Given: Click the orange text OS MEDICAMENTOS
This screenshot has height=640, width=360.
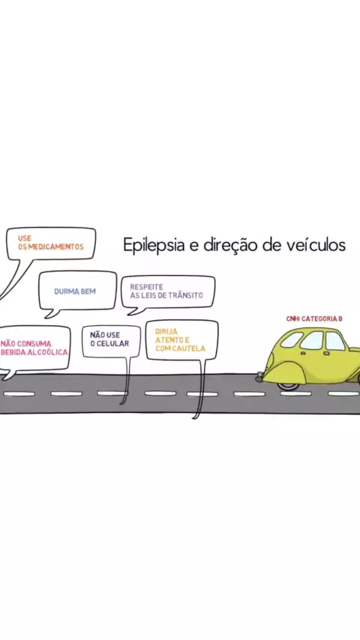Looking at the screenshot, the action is click(x=51, y=247).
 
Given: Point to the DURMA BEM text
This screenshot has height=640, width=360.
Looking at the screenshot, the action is click(x=75, y=292).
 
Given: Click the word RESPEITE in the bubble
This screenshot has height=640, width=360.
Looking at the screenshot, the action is click(x=146, y=287).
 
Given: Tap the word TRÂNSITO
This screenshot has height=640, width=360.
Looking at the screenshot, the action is click(x=185, y=295).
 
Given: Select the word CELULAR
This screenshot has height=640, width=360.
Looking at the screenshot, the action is click(x=112, y=344).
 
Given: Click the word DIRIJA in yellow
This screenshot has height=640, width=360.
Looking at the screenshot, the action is click(x=166, y=332).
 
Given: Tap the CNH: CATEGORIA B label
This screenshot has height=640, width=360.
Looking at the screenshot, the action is click(x=314, y=319).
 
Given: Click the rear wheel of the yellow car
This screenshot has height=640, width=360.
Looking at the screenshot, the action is click(x=287, y=384).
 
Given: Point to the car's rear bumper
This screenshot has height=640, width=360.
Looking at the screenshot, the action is click(x=260, y=378).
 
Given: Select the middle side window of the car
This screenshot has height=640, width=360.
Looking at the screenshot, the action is click(x=312, y=340).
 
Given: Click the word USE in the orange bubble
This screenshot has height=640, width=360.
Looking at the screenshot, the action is click(x=25, y=238).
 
